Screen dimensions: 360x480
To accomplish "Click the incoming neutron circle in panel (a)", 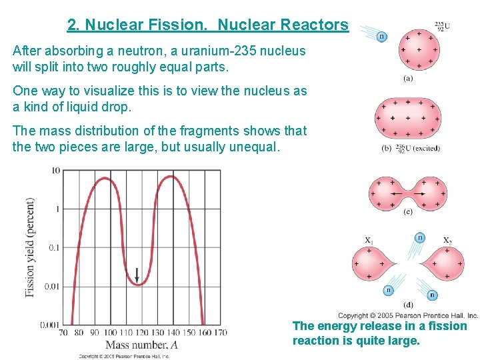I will [382, 36].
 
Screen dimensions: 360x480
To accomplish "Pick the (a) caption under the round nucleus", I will [407, 77].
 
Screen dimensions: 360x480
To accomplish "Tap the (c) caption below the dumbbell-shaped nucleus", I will [407, 212].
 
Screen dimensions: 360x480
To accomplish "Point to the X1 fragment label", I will [369, 240].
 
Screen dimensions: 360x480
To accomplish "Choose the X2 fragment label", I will [447, 240].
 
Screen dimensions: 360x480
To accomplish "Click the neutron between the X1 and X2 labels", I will [420, 237].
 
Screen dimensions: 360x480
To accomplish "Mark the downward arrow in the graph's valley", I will [137, 273].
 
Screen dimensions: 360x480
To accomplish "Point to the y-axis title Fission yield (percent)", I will [30, 247].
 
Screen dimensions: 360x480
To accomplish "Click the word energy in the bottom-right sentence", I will [336, 326].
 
